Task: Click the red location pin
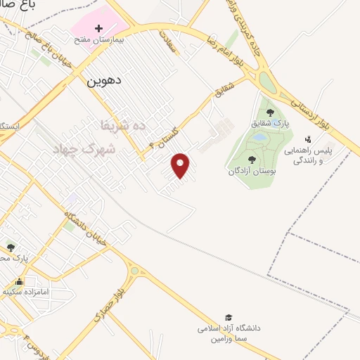coord(181,165)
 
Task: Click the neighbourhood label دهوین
coord(104,80)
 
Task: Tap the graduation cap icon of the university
coord(228,318)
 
